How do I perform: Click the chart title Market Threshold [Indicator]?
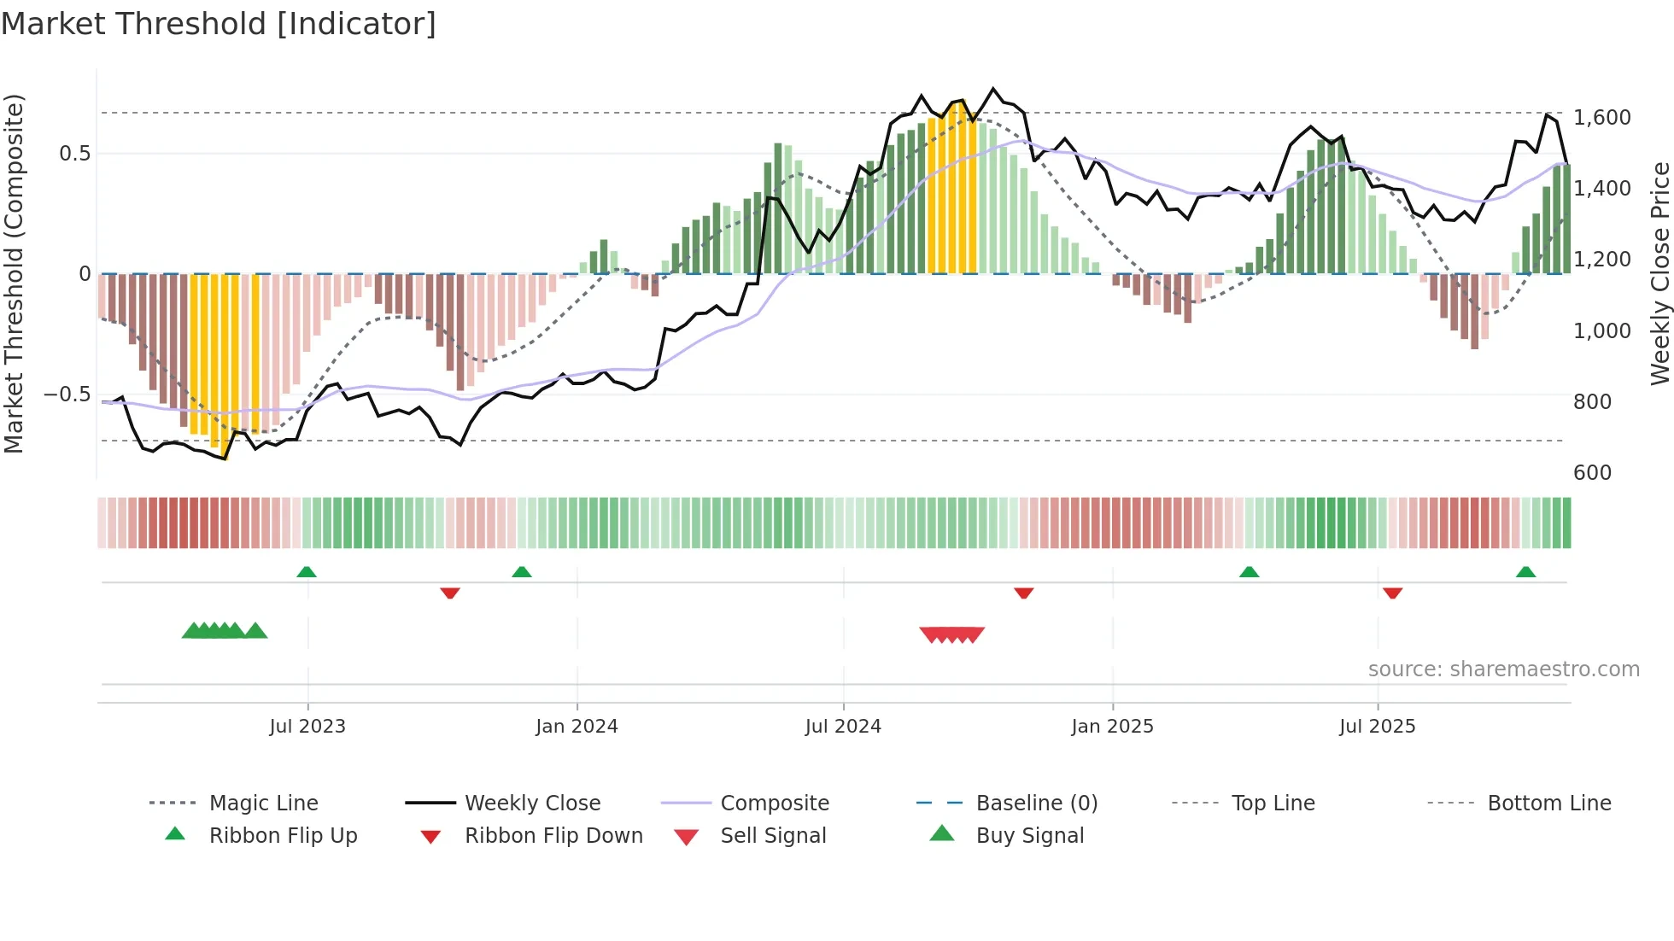pos(219,24)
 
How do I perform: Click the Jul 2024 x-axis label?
pos(843,727)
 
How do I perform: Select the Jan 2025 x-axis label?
pos(1112,727)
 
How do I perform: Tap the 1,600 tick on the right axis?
pos(1601,118)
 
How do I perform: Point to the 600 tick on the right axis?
pos(1592,473)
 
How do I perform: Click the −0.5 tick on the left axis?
pos(67,395)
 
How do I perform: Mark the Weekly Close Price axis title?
pos(1659,273)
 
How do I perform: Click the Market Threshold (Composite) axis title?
pos(14,273)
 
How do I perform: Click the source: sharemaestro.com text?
pos(1503,669)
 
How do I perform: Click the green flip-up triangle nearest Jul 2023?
pos(307,572)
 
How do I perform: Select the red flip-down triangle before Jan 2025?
pos(1023,593)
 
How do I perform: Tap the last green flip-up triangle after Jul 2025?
pos(1525,572)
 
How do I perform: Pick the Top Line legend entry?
pos(1273,804)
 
